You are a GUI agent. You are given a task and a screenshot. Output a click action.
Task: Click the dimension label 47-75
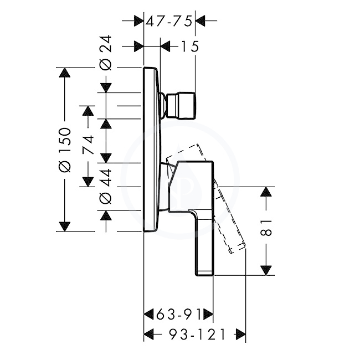[x=169, y=22]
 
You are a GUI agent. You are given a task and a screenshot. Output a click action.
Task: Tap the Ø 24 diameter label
[x=106, y=53]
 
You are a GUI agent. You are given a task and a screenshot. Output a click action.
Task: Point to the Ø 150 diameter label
[x=64, y=150]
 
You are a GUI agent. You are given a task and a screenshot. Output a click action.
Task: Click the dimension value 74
[x=88, y=145]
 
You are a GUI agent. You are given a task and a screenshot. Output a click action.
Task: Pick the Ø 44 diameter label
[x=106, y=187]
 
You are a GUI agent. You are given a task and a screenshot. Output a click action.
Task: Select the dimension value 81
[x=266, y=228]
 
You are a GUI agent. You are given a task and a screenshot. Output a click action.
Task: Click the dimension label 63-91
[x=179, y=315]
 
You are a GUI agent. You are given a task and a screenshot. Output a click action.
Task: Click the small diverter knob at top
[x=178, y=106]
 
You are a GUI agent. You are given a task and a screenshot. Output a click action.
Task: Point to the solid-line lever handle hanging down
[x=204, y=242]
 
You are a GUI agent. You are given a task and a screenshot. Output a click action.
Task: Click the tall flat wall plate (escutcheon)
[x=151, y=150]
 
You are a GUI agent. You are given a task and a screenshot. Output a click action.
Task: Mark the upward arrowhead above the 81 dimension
[x=266, y=192]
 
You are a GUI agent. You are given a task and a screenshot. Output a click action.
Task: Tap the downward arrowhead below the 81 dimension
[x=266, y=270]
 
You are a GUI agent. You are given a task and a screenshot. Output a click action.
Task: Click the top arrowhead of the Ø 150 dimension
[x=64, y=73]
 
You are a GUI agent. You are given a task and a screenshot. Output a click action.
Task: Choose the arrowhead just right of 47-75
[x=200, y=21]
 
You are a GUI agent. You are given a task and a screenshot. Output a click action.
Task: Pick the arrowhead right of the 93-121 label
[x=241, y=335]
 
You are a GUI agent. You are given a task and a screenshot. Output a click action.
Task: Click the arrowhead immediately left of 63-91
[x=148, y=315]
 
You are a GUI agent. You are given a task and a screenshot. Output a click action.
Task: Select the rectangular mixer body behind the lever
[x=191, y=186]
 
